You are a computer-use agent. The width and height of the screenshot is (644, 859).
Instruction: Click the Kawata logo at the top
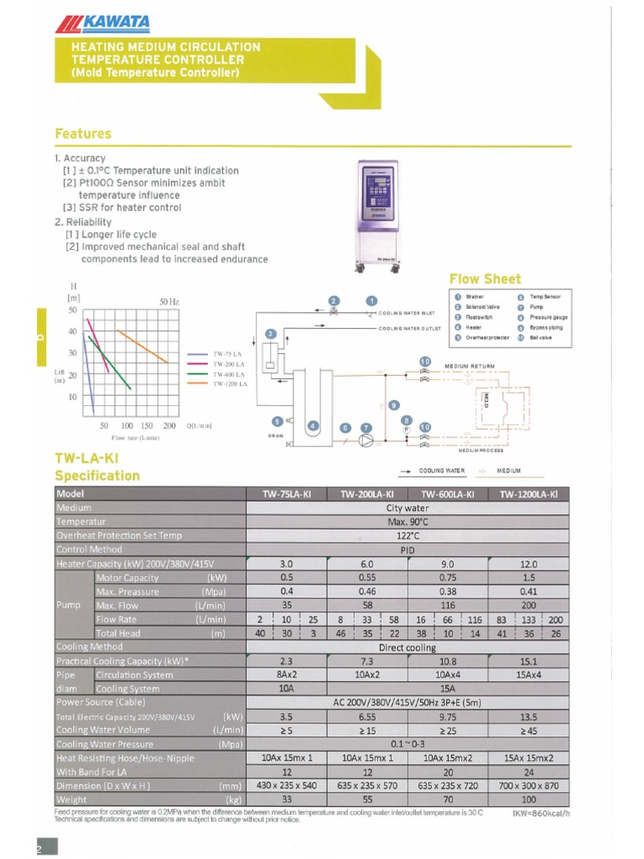pyautogui.click(x=96, y=25)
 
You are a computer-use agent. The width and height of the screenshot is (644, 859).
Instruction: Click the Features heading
pyautogui.click(x=83, y=133)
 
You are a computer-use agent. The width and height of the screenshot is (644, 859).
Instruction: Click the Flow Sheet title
pyautogui.click(x=485, y=279)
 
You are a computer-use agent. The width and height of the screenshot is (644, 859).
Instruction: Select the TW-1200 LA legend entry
pyautogui.click(x=231, y=383)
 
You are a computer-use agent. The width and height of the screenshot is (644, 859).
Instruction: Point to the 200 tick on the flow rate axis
pyautogui.click(x=169, y=425)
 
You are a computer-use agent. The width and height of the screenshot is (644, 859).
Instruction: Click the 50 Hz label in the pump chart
pyautogui.click(x=169, y=301)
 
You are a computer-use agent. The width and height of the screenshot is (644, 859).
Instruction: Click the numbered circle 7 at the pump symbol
pyautogui.click(x=366, y=428)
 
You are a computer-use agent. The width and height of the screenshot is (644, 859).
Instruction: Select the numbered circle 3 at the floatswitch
pyautogui.click(x=270, y=334)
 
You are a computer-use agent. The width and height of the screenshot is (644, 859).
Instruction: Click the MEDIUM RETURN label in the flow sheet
pyautogui.click(x=470, y=367)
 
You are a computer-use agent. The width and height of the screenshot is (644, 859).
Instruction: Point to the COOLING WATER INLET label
pyautogui.click(x=407, y=312)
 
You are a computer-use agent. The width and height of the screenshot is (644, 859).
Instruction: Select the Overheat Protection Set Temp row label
pyautogui.click(x=118, y=535)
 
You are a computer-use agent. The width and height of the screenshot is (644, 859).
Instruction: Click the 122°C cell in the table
pyautogui.click(x=408, y=535)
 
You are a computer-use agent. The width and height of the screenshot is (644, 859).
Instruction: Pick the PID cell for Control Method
pyautogui.click(x=408, y=549)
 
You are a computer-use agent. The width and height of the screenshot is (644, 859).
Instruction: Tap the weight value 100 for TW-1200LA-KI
pyautogui.click(x=528, y=799)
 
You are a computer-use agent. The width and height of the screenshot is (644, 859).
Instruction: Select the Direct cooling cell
pyautogui.click(x=408, y=647)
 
